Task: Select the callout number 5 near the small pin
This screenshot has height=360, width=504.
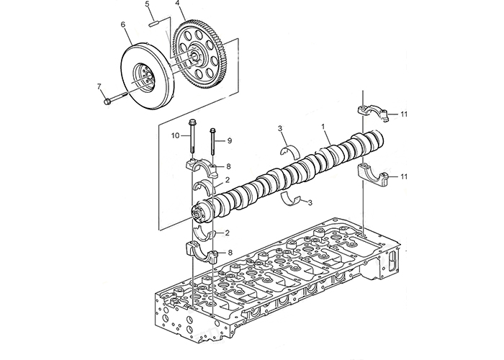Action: coord(147,4)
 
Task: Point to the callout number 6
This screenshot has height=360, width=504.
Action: coord(123,24)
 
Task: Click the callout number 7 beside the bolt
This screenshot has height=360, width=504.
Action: coord(99,86)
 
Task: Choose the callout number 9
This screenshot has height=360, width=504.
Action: coord(230,141)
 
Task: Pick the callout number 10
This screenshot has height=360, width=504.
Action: coord(175,135)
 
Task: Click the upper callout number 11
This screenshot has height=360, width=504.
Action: coord(403,114)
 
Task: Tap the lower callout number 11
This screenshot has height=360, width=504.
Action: coord(403,176)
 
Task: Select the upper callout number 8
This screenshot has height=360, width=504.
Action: coord(228,166)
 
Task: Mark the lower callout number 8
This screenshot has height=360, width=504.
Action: coord(230,253)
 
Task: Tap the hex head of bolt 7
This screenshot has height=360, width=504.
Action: coord(107,102)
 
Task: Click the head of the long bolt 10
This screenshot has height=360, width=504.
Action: coord(192,122)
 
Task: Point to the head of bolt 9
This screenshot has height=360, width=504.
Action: coord(212,130)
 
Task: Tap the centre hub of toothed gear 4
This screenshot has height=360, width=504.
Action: coord(195,55)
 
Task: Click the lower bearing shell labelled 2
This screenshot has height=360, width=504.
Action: coord(203,234)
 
